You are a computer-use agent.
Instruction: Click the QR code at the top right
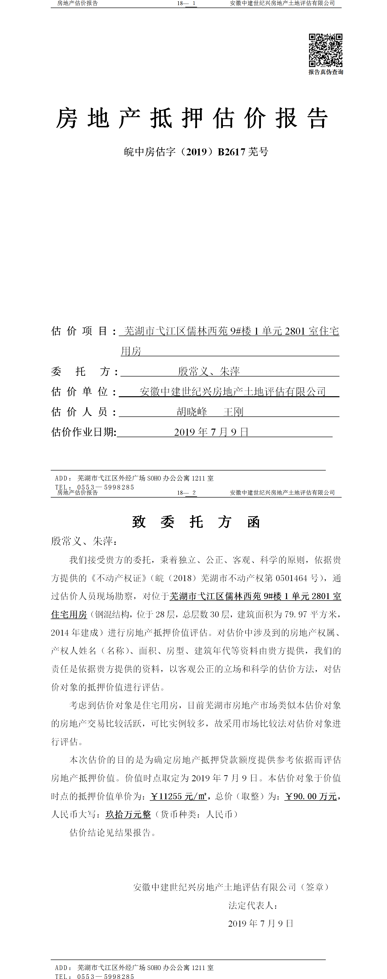(x=325, y=50)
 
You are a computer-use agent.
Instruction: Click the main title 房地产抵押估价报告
(x=192, y=118)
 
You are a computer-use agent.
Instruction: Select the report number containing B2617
(x=196, y=152)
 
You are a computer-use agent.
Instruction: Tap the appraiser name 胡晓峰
(x=192, y=412)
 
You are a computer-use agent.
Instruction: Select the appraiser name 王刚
(x=233, y=412)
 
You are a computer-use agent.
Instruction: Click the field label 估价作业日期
(x=84, y=432)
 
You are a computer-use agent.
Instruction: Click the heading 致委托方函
(x=196, y=522)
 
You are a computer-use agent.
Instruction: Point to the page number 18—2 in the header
(x=187, y=492)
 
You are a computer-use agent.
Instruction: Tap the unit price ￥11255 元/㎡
(x=179, y=796)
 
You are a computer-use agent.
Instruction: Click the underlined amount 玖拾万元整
(x=128, y=814)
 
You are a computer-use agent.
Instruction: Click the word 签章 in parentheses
(x=315, y=887)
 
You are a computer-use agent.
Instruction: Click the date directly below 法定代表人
(x=261, y=923)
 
